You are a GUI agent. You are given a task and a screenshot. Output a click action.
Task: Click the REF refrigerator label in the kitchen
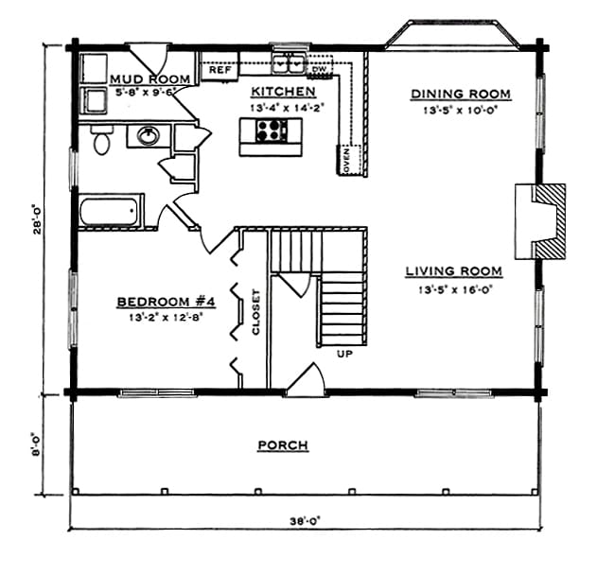tap(220, 70)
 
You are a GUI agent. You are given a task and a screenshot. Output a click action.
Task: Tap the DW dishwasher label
tap(319, 69)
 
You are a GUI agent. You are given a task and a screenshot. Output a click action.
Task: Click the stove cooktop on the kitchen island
tap(272, 130)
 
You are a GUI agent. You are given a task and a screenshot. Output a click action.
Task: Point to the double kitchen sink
tap(289, 63)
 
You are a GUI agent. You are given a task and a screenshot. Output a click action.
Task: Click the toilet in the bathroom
tap(101, 139)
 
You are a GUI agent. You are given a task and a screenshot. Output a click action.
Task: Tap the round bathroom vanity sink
tap(149, 135)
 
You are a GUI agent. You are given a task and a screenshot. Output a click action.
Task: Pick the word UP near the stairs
tap(344, 354)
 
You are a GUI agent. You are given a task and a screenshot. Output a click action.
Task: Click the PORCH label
tap(283, 445)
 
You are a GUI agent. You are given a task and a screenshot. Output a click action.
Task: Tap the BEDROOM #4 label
tap(166, 302)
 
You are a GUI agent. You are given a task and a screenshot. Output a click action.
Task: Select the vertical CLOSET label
tap(255, 312)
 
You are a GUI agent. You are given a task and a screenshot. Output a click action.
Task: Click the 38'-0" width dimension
tap(306, 521)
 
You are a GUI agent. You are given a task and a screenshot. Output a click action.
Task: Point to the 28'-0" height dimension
tap(37, 220)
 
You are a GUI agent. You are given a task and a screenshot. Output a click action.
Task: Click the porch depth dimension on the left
tap(36, 444)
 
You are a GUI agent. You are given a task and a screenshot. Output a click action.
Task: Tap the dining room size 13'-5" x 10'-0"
tap(461, 111)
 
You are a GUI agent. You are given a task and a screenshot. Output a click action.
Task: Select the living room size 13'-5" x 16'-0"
tap(456, 289)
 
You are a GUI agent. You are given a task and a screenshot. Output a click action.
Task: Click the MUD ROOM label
tap(150, 79)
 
